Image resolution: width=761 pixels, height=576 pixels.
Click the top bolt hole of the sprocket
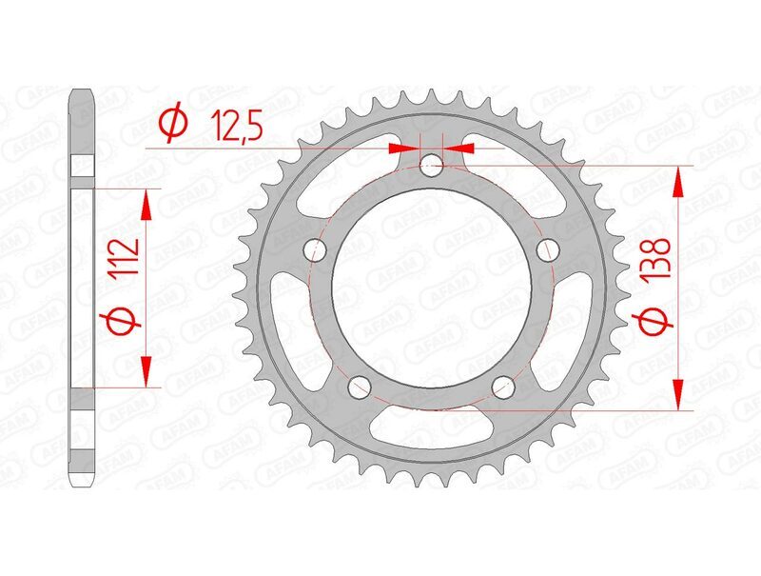click(x=433, y=167)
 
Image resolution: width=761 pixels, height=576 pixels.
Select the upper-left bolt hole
click(x=315, y=250)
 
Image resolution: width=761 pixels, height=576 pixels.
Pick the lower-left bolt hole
click(x=359, y=387)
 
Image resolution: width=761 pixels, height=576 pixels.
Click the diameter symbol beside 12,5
click(x=172, y=124)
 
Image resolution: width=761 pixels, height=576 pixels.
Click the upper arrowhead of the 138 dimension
click(x=678, y=177)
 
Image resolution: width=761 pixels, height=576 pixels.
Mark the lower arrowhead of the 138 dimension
click(x=678, y=398)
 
